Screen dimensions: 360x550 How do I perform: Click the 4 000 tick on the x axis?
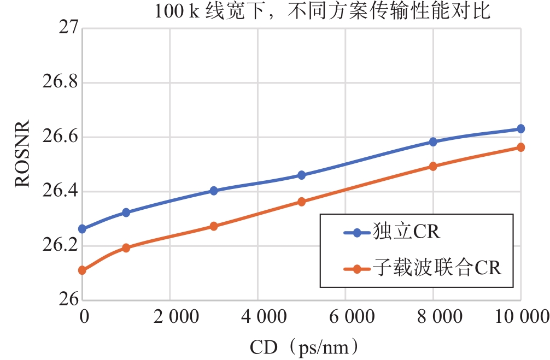[258, 317]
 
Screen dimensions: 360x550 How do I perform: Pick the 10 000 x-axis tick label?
[519, 317]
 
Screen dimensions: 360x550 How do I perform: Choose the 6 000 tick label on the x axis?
[346, 317]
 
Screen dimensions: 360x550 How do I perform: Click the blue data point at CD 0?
[82, 229]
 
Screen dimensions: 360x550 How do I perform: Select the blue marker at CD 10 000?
[520, 129]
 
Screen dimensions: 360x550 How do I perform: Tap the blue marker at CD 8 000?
[433, 142]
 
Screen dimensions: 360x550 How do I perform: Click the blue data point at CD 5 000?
[301, 175]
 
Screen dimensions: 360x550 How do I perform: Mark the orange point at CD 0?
[82, 270]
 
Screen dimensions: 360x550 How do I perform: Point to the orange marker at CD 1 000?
[126, 248]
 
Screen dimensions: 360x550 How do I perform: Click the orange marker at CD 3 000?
[214, 226]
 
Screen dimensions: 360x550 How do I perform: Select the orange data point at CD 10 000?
[520, 147]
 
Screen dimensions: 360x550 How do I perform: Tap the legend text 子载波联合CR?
[437, 269]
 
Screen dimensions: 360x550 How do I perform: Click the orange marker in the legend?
[358, 269]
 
